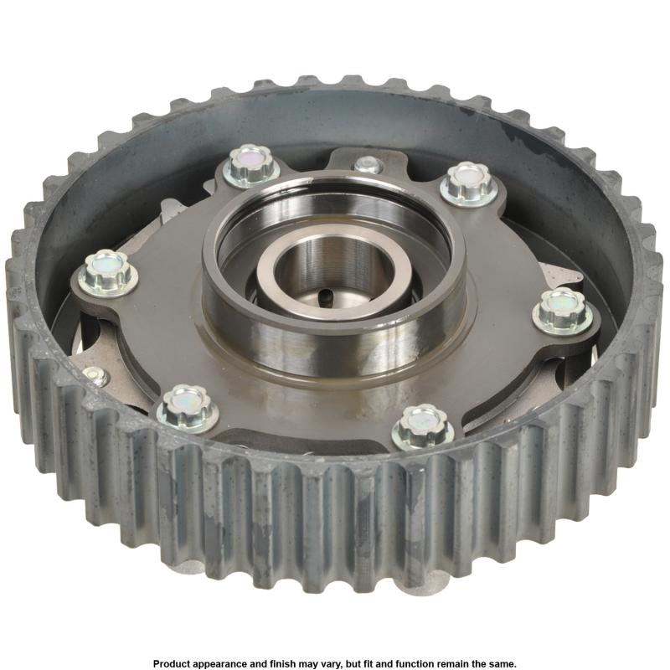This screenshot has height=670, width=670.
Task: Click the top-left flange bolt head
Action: (x=249, y=165)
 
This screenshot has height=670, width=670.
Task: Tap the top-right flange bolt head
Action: (x=469, y=183)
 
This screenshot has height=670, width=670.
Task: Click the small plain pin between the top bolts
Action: (x=367, y=164)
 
